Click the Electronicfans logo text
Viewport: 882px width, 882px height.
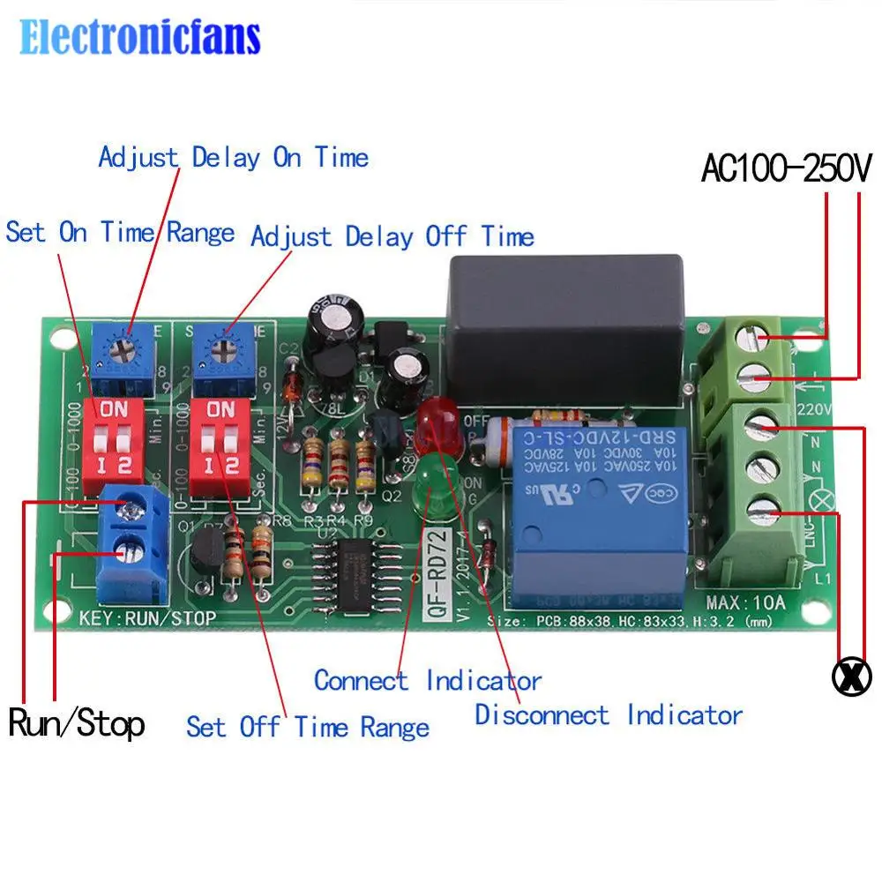140,38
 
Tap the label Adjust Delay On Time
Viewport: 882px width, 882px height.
233,158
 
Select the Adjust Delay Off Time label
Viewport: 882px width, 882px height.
392,236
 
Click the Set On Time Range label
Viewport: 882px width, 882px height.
120,233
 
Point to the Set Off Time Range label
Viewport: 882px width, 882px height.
308,727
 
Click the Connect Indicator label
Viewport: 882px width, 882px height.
428,681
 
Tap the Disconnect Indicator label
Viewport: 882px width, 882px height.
609,714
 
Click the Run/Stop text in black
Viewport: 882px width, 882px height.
77,725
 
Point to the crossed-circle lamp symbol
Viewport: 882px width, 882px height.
852,676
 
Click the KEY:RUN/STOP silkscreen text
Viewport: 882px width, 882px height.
146,618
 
